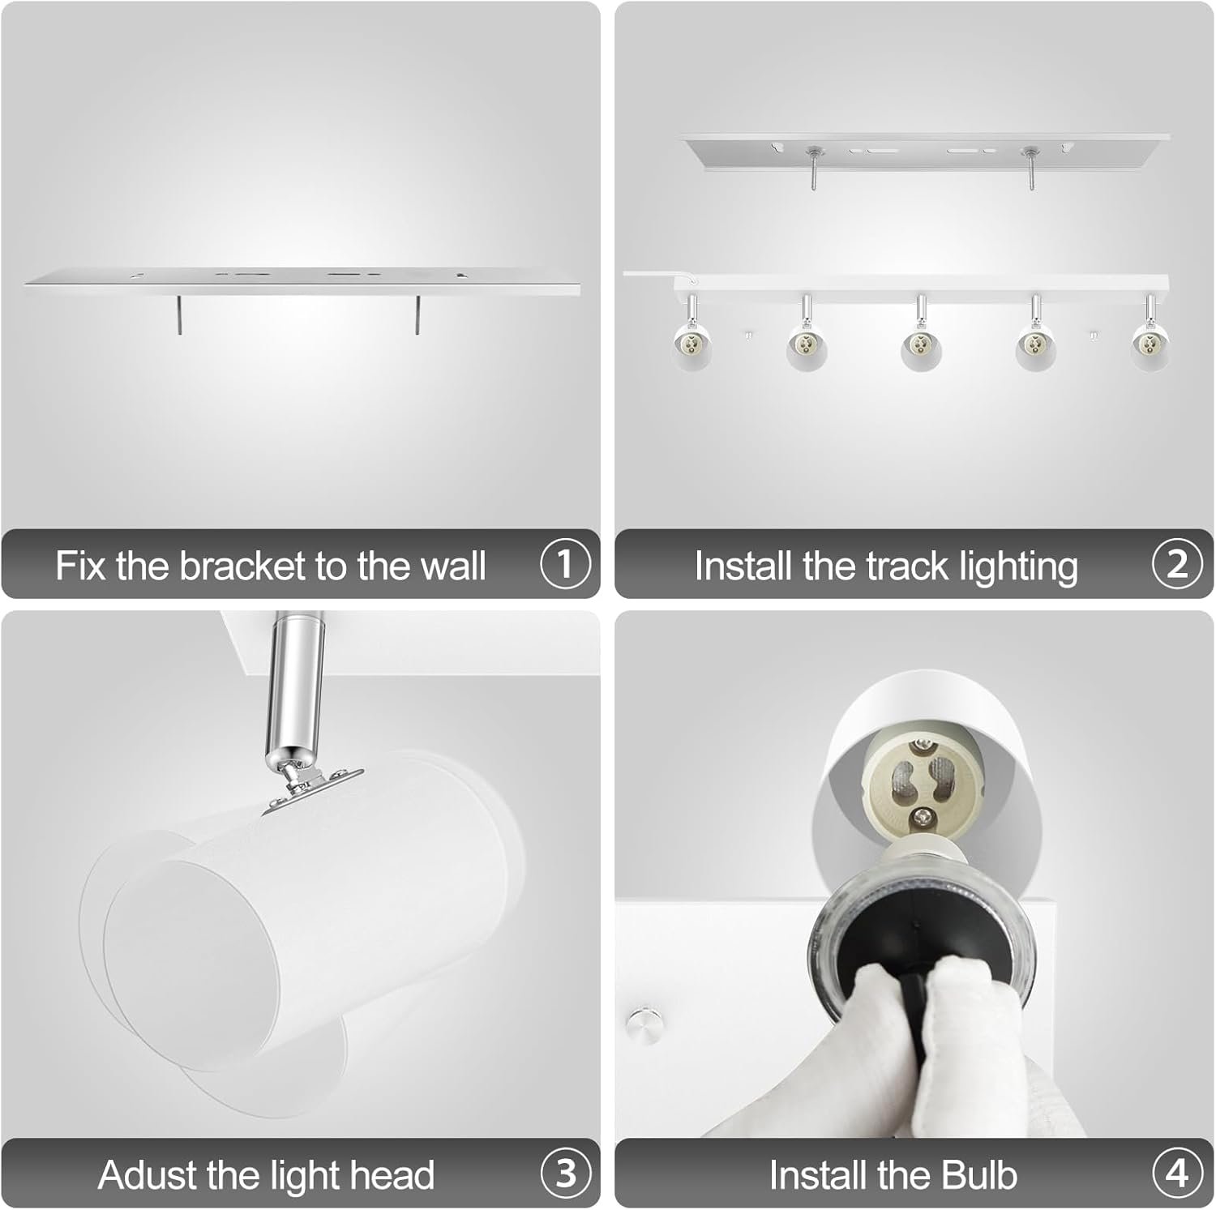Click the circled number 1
click(x=565, y=564)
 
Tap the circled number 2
click(x=1177, y=564)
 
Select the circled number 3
click(x=565, y=1174)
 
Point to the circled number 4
click(x=1177, y=1174)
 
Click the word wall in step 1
click(x=452, y=566)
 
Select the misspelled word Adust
click(x=148, y=1175)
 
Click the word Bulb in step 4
click(x=979, y=1175)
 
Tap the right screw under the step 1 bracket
click(x=417, y=314)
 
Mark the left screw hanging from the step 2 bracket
click(x=812, y=169)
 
